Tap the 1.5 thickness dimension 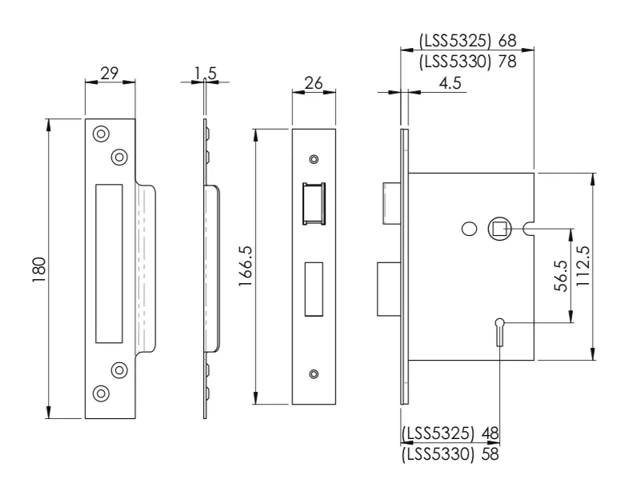205,74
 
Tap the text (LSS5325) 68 468,40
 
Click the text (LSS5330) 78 468,61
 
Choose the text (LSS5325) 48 450,433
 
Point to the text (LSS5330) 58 450,453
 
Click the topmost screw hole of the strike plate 101,134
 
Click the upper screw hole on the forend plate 314,159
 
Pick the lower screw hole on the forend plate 314,373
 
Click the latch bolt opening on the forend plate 313,205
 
